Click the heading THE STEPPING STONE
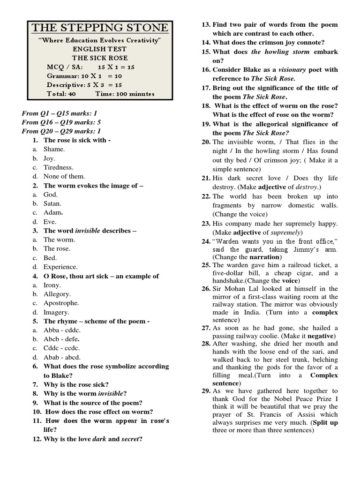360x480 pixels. tap(99, 28)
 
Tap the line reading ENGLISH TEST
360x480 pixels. tap(99, 49)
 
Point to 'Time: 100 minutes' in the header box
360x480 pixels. tap(125, 94)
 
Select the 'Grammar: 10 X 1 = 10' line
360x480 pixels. tap(84, 76)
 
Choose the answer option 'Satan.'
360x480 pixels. tap(52, 203)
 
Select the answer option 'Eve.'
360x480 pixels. tap(50, 222)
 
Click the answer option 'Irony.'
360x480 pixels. tap(52, 285)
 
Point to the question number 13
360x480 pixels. tap(205, 24)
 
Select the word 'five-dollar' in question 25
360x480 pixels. tap(230, 273)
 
